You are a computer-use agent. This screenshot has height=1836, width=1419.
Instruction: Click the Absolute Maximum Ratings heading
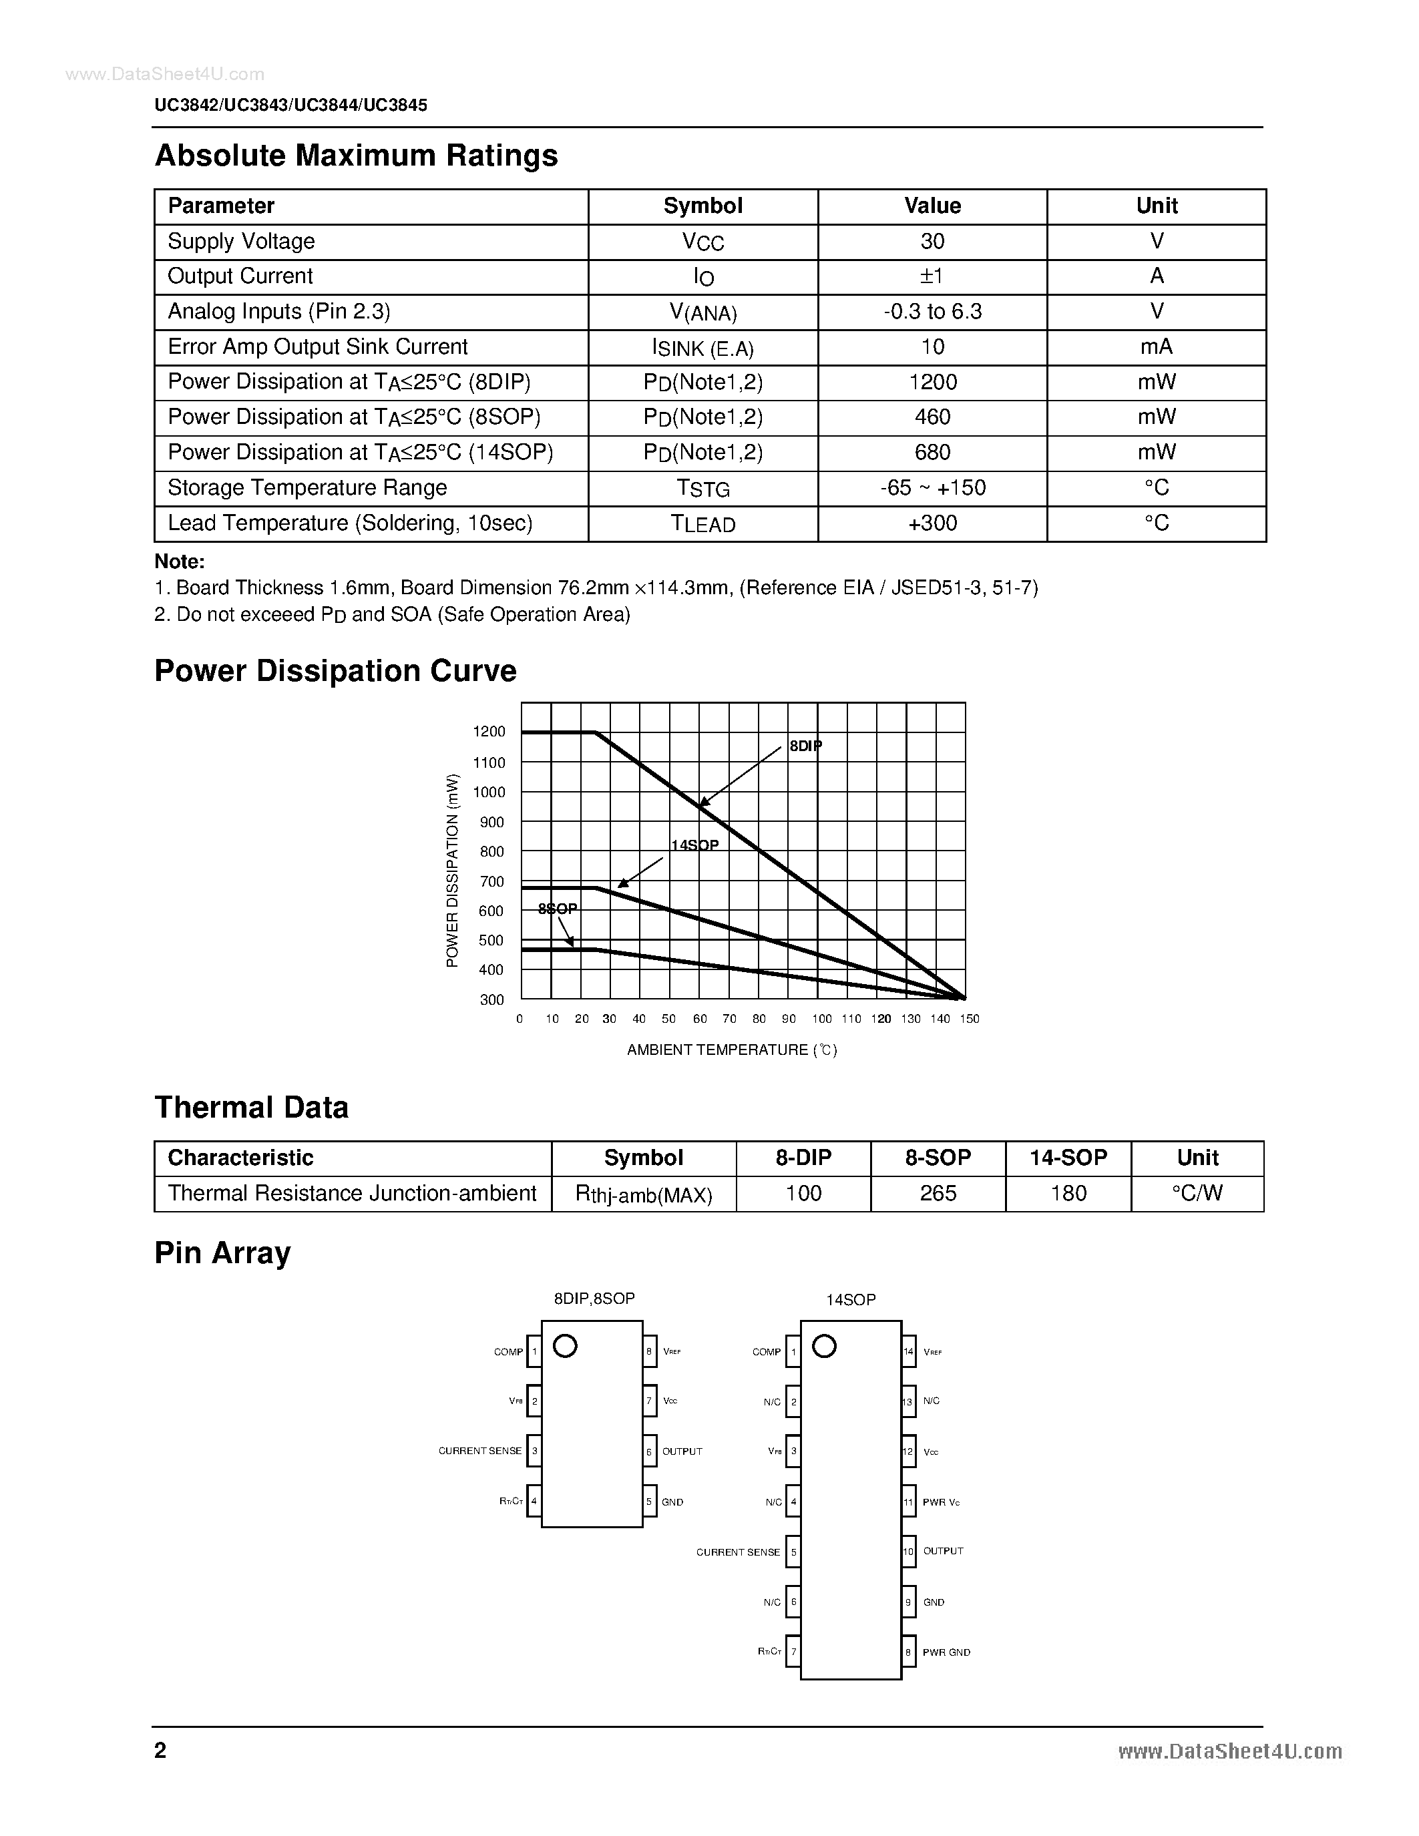pyautogui.click(x=356, y=156)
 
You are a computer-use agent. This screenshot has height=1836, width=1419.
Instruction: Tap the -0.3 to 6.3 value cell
pyautogui.click(x=932, y=312)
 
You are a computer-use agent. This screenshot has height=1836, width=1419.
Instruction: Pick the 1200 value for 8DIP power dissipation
pyautogui.click(x=932, y=383)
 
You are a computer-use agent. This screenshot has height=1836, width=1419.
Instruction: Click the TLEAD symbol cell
pyautogui.click(x=702, y=523)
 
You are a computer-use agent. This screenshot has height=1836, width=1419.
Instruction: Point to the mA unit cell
pyautogui.click(x=1156, y=347)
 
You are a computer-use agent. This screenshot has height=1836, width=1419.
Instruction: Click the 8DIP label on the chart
pyautogui.click(x=805, y=746)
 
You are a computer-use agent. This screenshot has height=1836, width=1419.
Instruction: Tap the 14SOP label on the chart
pyautogui.click(x=694, y=845)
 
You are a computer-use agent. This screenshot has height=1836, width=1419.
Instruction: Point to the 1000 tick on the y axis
pyautogui.click(x=489, y=792)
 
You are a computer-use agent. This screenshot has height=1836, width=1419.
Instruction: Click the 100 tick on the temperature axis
pyautogui.click(x=821, y=1019)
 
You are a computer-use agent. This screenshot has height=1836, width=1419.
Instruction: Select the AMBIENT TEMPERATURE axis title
pyautogui.click(x=731, y=1050)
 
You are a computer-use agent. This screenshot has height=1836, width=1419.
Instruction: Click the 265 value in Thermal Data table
pyautogui.click(x=938, y=1193)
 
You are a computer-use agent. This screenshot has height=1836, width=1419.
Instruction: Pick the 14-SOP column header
pyautogui.click(x=1068, y=1158)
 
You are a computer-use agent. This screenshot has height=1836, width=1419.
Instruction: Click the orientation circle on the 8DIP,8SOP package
pyautogui.click(x=565, y=1347)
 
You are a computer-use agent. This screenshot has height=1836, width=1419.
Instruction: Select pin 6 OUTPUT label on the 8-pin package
pyautogui.click(x=682, y=1452)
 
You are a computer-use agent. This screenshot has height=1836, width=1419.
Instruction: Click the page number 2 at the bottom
pyautogui.click(x=160, y=1751)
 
